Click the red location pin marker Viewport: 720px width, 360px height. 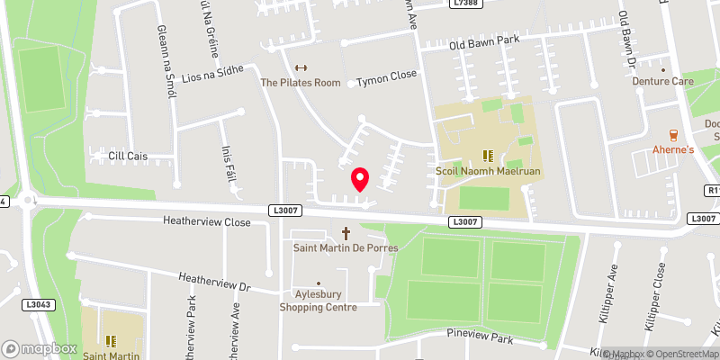[360, 179]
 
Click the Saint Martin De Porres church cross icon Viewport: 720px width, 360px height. [345, 232]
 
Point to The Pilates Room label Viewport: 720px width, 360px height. [301, 83]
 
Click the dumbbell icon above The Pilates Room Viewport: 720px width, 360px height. [301, 68]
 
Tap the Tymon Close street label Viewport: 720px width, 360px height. [386, 78]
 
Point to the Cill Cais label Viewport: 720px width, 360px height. [127, 156]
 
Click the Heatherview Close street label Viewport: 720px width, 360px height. [206, 220]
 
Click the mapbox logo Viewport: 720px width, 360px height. [40, 348]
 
